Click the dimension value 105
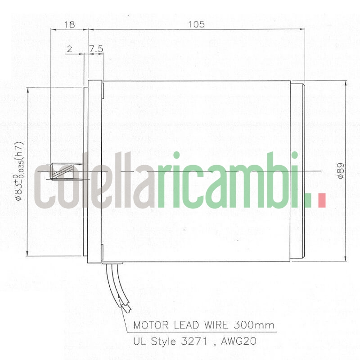click(x=197, y=25)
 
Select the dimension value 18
click(x=69, y=25)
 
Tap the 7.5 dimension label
click(x=96, y=49)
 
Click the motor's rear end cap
click(x=298, y=171)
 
